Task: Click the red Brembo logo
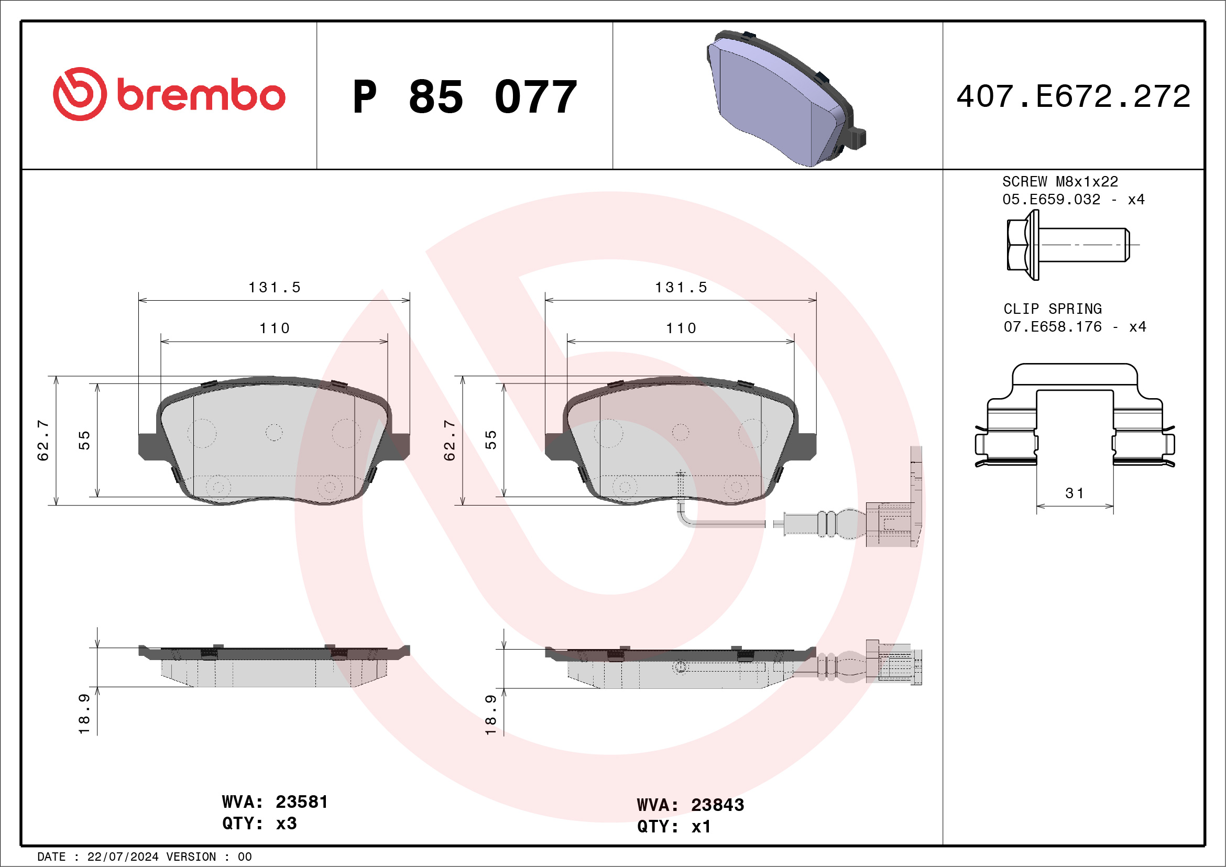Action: pyautogui.click(x=169, y=94)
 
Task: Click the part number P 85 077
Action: pyautogui.click(x=464, y=97)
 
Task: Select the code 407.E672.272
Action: pyautogui.click(x=1074, y=96)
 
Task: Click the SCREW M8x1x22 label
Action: pyautogui.click(x=1059, y=181)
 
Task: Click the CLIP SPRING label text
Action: pyautogui.click(x=1052, y=309)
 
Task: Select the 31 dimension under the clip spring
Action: pyautogui.click(x=1075, y=493)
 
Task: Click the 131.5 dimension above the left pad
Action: pyautogui.click(x=275, y=288)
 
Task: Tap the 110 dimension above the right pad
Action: pyautogui.click(x=681, y=328)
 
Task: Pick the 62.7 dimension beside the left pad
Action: pyautogui.click(x=43, y=441)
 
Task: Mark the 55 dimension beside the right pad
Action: pyautogui.click(x=491, y=441)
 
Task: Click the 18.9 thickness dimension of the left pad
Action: pyautogui.click(x=84, y=715)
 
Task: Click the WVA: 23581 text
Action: pyautogui.click(x=275, y=802)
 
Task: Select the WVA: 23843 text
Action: pyautogui.click(x=690, y=805)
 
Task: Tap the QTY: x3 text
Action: pyautogui.click(x=259, y=824)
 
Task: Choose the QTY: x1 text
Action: pyautogui.click(x=674, y=827)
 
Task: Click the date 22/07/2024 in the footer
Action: pyautogui.click(x=123, y=857)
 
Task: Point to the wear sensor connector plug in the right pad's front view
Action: pyautogui.click(x=889, y=524)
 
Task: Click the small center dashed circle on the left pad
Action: pyautogui.click(x=274, y=432)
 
